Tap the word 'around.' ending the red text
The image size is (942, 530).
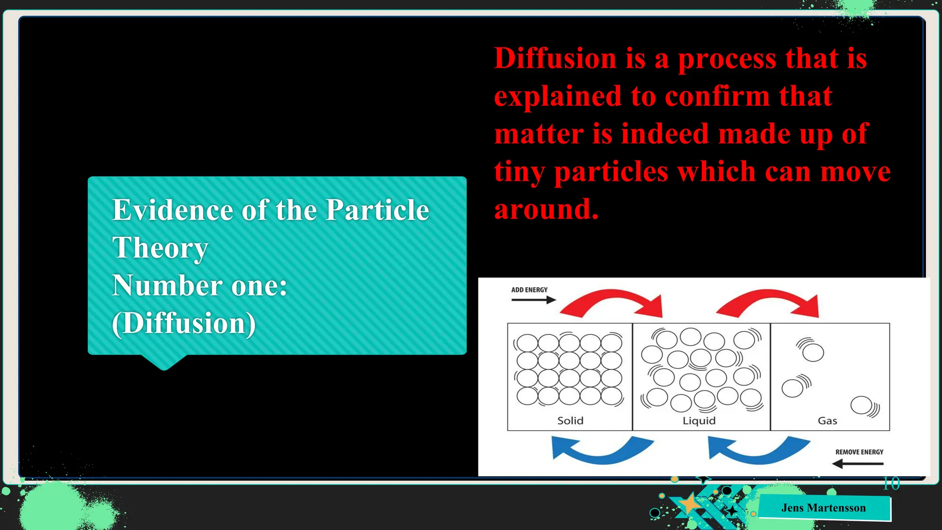point(546,209)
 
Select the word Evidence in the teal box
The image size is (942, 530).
point(172,210)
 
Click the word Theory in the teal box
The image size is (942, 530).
point(160,248)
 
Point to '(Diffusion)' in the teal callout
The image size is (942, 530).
point(184,323)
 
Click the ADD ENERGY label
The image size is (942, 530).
point(529,290)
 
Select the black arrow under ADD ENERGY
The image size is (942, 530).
point(534,300)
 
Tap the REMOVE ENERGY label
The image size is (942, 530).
point(859,452)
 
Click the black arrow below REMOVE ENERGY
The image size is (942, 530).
point(858,463)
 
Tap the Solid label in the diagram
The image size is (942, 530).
point(570,421)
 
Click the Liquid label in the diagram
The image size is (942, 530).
point(699,421)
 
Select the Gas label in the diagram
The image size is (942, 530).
point(827,421)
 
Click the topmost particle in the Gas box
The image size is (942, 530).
point(813,353)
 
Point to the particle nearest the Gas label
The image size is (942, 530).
point(861,405)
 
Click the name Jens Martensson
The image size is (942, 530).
point(823,508)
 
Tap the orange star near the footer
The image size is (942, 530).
point(689,503)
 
